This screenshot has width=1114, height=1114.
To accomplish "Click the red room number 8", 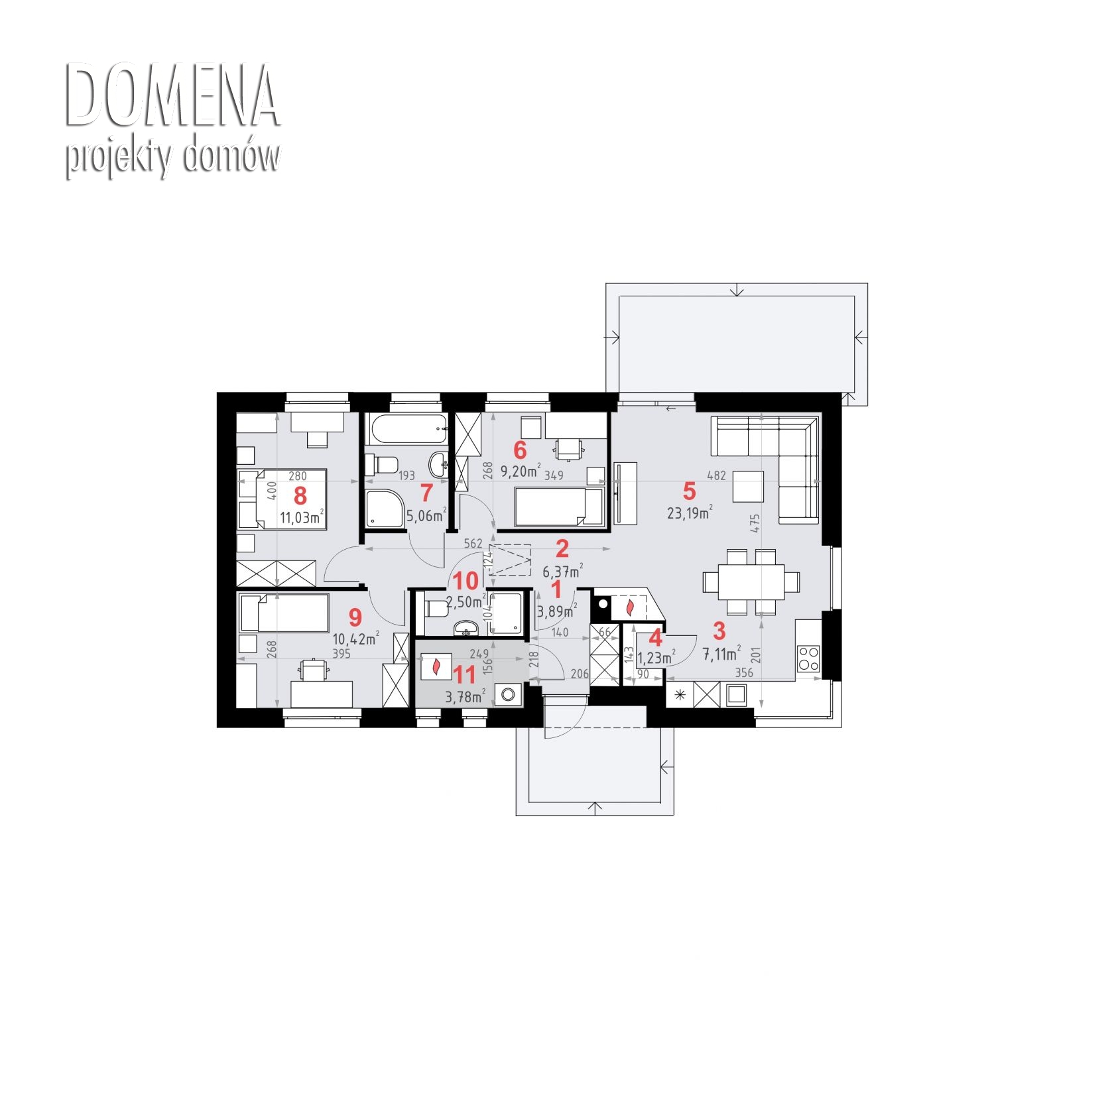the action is [x=300, y=495].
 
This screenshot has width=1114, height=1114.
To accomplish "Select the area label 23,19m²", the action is [x=690, y=512].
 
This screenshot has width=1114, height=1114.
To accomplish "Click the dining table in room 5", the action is [x=752, y=582].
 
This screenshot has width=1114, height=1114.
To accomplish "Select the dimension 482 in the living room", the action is [x=716, y=475].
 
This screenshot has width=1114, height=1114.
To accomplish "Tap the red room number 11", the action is [x=465, y=675].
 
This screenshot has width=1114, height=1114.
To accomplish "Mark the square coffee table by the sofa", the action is [x=748, y=486].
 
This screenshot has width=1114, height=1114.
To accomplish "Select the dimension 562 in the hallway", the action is [x=473, y=544].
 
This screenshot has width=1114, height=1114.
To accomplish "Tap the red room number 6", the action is [x=520, y=450].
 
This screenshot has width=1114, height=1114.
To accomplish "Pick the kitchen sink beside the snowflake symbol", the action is [x=736, y=695].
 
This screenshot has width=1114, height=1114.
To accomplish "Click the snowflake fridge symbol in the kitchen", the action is [x=679, y=696].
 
